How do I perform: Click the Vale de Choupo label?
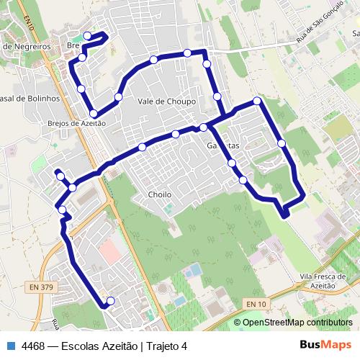166,102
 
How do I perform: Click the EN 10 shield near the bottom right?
256,305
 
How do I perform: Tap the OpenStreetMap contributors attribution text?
298,322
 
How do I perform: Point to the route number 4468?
35,346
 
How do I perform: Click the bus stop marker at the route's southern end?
110,301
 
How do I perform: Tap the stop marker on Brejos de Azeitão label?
93,113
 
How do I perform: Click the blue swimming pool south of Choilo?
193,271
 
